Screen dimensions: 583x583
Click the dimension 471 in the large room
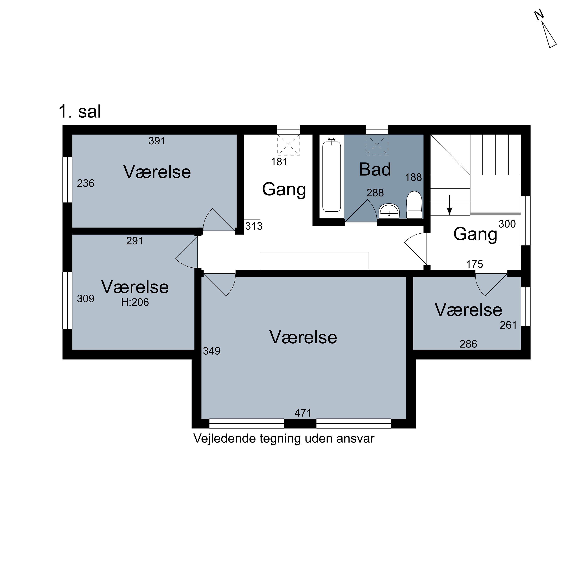[303, 413]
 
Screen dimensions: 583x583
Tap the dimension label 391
[157, 141]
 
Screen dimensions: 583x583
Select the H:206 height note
[135, 302]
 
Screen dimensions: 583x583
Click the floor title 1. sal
[80, 112]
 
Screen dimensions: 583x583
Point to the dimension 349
[212, 351]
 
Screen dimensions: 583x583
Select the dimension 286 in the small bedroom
[468, 344]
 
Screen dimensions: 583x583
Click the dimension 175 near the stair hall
[474, 264]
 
